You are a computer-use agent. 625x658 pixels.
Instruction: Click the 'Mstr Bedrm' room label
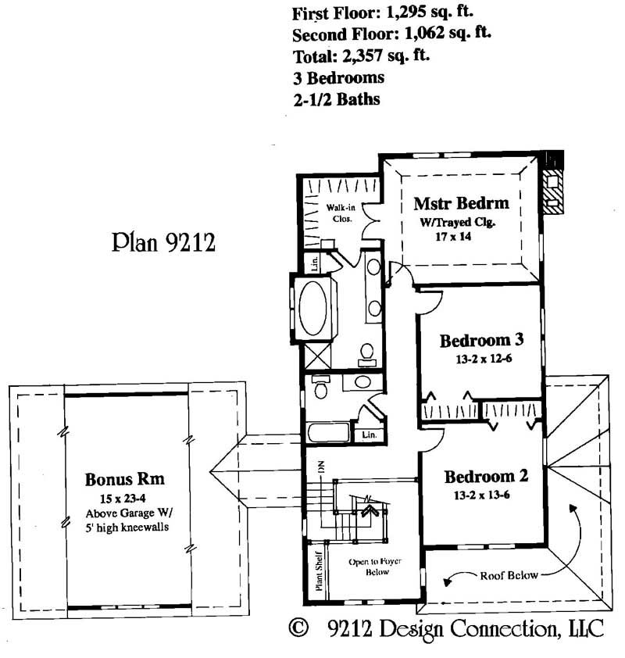coord(461,203)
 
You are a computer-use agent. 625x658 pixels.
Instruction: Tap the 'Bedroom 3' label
coord(480,341)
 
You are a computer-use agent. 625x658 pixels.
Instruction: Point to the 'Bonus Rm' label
coord(124,479)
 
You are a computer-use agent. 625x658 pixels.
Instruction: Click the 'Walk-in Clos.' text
coord(340,213)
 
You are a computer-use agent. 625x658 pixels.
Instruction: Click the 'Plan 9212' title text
coord(162,242)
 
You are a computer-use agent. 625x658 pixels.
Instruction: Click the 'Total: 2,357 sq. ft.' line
coord(361,56)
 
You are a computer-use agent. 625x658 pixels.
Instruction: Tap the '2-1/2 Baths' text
coord(336,100)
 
